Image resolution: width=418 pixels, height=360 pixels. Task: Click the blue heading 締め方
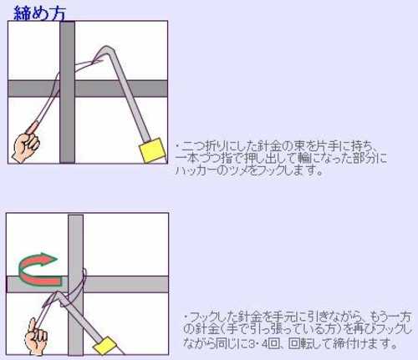coord(39,13)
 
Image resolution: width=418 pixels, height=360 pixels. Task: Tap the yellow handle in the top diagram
coord(153,150)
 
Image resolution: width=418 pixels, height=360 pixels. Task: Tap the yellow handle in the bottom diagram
coord(104,346)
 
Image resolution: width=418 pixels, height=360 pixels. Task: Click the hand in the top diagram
coord(26,148)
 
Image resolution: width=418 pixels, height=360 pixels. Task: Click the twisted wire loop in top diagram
coord(89,63)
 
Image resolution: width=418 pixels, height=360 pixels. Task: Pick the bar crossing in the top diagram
coord(68,89)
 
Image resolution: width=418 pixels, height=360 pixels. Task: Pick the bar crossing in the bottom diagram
coord(75,284)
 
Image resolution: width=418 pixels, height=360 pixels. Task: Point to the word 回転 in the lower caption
coord(299,343)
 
